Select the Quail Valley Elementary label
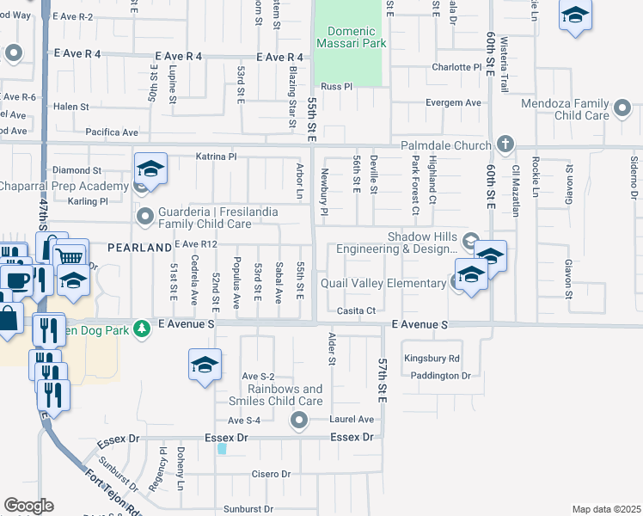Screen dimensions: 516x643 383,283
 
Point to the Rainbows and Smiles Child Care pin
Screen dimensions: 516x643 299,421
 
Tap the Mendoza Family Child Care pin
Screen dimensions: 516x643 623,108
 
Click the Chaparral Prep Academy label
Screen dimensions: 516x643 64,187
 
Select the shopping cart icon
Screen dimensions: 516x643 70,255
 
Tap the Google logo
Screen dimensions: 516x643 28,505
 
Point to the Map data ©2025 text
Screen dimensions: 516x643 606,509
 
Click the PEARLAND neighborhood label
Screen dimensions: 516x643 139,248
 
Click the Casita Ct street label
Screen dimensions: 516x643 357,310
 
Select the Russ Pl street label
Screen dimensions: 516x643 337,87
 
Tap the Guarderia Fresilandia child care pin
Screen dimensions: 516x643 144,214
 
